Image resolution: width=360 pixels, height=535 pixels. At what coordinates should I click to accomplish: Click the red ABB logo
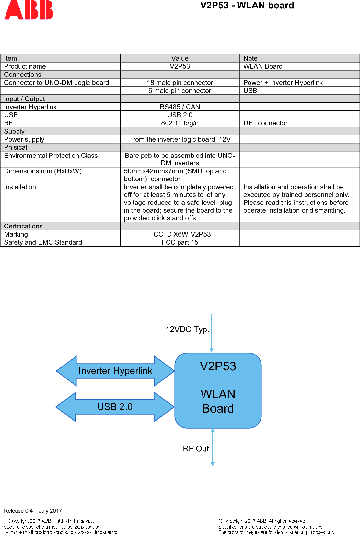pyautogui.click(x=29, y=10)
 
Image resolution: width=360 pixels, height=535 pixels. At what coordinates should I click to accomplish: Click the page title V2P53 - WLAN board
pyautogui.click(x=247, y=6)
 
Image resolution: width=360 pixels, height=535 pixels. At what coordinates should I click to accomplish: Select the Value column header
pyautogui.click(x=180, y=58)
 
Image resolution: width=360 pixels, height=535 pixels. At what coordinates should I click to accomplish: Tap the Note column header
pyautogui.click(x=250, y=58)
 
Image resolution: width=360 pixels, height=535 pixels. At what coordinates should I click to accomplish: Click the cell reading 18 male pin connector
pyautogui.click(x=180, y=83)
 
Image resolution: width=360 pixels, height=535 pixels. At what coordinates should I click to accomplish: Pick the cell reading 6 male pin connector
pyautogui.click(x=180, y=91)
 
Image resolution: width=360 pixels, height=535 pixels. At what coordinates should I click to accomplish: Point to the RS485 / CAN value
pyautogui.click(x=180, y=107)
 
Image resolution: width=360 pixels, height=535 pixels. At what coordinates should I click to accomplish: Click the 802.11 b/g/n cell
pyautogui.click(x=180, y=123)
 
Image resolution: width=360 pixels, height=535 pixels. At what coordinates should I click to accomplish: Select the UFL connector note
pyautogui.click(x=265, y=123)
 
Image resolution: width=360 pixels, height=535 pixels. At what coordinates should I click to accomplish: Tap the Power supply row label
pyautogui.click(x=24, y=139)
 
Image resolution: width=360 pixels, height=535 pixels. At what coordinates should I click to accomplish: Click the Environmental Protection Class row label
pyautogui.click(x=51, y=156)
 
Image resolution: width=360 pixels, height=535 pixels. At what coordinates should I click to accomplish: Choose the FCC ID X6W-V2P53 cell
pyautogui.click(x=180, y=234)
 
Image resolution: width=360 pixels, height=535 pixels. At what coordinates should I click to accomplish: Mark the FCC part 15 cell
pyautogui.click(x=180, y=242)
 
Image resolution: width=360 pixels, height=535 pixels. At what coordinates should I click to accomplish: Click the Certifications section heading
pyautogui.click(x=23, y=226)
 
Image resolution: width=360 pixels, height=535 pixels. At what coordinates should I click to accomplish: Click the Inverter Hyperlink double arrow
pyautogui.click(x=115, y=371)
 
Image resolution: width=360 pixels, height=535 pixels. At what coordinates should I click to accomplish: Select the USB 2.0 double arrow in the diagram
pyautogui.click(x=115, y=407)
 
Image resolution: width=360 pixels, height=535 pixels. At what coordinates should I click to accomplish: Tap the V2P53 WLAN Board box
pyautogui.click(x=218, y=390)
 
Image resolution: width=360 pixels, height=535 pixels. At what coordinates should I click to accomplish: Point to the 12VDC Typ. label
pyautogui.click(x=187, y=330)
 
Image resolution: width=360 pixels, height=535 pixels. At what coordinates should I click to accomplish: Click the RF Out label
pyautogui.click(x=196, y=449)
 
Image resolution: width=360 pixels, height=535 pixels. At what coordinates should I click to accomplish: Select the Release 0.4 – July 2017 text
pyautogui.click(x=33, y=511)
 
